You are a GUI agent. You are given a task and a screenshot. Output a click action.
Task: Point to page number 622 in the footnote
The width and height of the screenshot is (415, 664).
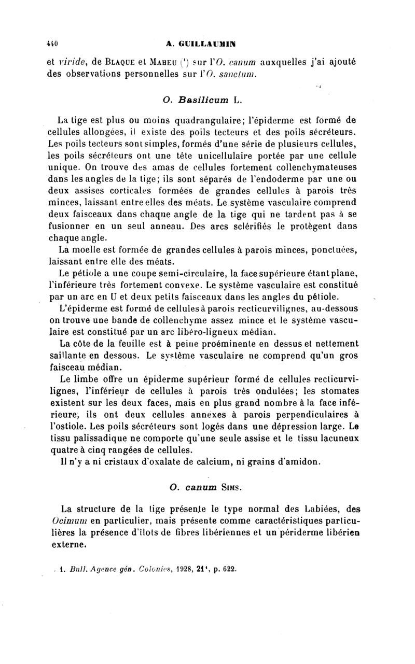(x=229, y=568)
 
